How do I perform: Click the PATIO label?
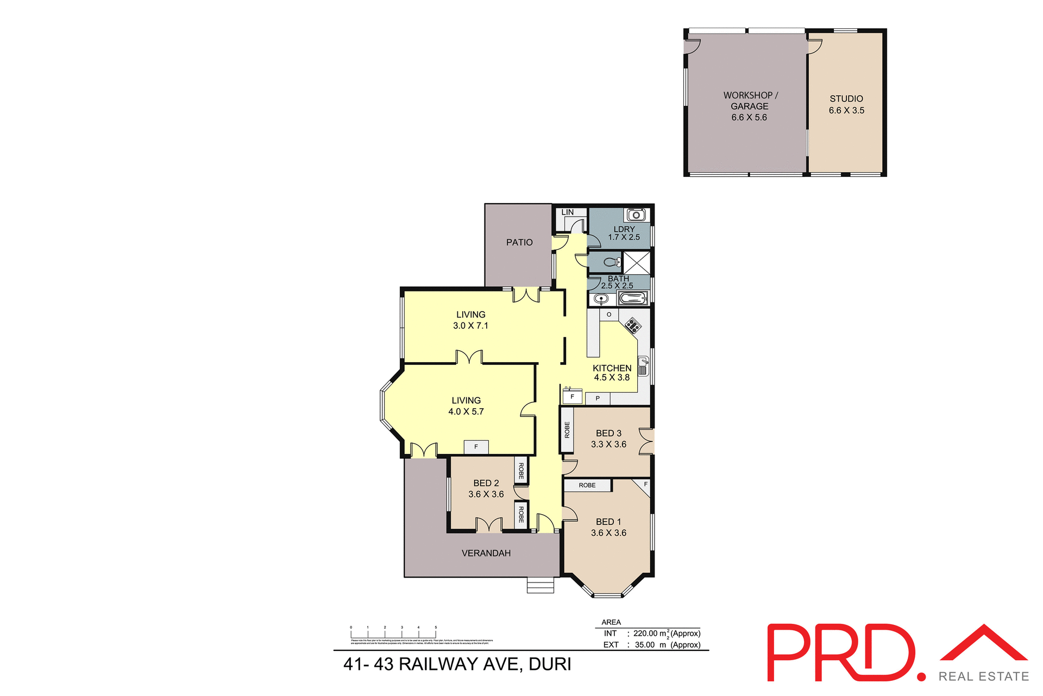coord(519,243)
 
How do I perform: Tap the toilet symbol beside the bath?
coord(612,263)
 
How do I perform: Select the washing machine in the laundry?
coord(636,215)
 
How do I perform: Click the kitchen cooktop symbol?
coord(632,326)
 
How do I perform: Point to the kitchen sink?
coord(643,366)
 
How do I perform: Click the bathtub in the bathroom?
coord(633,299)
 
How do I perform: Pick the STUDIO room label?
coord(846,99)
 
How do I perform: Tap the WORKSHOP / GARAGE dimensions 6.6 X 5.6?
coord(749,118)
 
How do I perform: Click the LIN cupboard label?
coord(568,212)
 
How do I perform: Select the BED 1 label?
coord(608,522)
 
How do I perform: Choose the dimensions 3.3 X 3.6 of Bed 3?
coord(608,445)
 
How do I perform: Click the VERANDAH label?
coord(486,553)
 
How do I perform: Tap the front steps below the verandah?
coord(541,586)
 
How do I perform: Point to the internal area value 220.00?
coord(645,634)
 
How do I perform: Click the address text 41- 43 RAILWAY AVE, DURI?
coord(457,665)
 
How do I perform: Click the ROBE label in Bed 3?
coord(567,430)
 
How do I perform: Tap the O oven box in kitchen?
coord(609,315)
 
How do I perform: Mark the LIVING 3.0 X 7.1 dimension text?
coord(470,326)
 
